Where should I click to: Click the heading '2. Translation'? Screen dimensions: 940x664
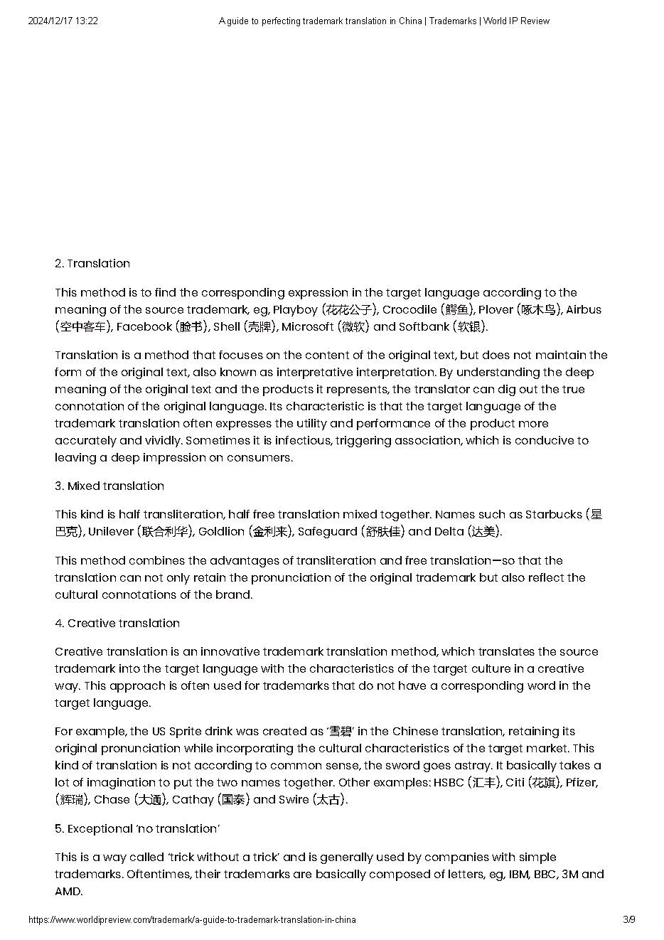point(92,264)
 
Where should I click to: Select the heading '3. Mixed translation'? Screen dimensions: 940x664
point(109,486)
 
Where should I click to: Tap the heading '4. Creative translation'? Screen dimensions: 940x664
point(117,624)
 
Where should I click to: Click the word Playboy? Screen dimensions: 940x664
point(295,310)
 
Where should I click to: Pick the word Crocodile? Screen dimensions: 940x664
point(409,310)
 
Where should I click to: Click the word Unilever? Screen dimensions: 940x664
point(111,532)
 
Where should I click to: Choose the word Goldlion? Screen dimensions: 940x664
point(222,532)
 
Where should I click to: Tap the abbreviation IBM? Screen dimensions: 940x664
point(518,875)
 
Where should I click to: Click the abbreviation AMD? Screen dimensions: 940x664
point(68,892)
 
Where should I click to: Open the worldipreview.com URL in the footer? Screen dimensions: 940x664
point(192,920)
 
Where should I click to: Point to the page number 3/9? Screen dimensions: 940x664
point(628,920)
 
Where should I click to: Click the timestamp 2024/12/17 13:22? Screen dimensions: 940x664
point(63,21)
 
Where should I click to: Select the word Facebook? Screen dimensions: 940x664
point(144,327)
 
